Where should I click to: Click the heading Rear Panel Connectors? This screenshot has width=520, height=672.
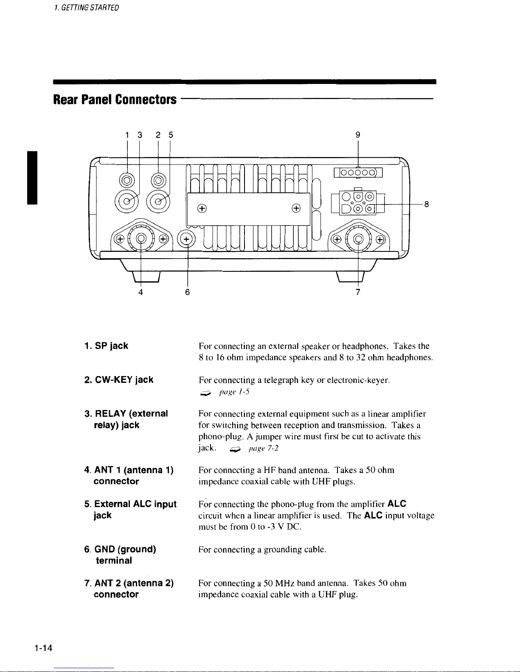click(x=115, y=100)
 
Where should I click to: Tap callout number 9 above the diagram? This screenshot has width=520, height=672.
click(x=358, y=135)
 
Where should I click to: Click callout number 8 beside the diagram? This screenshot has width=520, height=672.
click(x=427, y=204)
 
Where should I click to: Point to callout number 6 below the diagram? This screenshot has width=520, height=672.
click(x=187, y=292)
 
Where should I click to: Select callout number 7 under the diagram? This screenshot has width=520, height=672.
click(x=358, y=292)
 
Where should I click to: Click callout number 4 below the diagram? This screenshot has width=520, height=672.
click(x=141, y=292)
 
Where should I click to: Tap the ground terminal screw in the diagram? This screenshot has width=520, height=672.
click(x=186, y=239)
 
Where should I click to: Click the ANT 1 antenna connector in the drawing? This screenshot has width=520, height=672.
click(x=141, y=238)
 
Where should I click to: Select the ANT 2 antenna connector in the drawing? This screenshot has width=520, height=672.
click(x=358, y=239)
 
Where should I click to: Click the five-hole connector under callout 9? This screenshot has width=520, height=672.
click(x=358, y=173)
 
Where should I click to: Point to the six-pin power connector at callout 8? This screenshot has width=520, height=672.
click(x=358, y=203)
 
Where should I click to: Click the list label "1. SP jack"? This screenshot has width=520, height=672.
click(x=106, y=346)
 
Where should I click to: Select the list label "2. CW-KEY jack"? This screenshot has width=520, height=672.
click(x=119, y=380)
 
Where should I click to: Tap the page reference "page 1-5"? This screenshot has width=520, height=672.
click(x=234, y=392)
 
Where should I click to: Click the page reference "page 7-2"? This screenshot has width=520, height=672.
click(x=264, y=449)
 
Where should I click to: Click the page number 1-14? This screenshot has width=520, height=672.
click(x=43, y=648)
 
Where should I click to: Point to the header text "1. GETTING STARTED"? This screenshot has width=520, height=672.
click(x=86, y=8)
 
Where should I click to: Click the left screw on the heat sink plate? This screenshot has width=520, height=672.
click(x=202, y=209)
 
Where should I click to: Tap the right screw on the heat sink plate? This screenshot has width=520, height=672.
click(x=296, y=209)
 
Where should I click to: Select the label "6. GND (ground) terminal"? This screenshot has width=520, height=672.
click(x=120, y=555)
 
